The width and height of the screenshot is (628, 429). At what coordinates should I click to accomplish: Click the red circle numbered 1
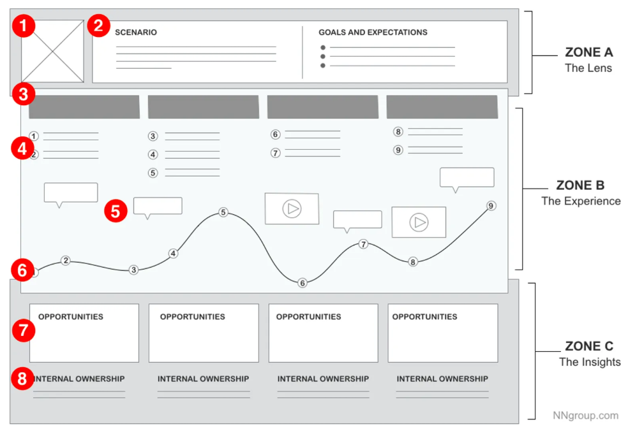click(24, 27)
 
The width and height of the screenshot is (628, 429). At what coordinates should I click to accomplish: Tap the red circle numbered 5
click(116, 211)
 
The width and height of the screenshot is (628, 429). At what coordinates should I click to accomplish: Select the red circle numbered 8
click(23, 379)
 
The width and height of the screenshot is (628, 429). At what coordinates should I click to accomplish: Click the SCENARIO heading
click(136, 33)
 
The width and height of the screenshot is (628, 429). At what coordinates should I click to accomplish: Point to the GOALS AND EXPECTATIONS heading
click(373, 33)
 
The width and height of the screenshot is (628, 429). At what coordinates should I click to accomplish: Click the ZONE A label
click(588, 53)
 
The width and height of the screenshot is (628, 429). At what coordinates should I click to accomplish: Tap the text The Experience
click(581, 201)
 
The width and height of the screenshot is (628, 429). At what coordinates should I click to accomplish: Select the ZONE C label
click(589, 347)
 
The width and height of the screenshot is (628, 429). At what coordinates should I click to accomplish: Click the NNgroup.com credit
click(585, 416)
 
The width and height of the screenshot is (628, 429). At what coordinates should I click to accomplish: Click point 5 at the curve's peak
click(223, 212)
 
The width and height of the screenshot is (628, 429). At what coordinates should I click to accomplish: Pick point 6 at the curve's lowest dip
click(303, 283)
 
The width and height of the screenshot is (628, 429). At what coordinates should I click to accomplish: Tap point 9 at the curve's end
click(491, 206)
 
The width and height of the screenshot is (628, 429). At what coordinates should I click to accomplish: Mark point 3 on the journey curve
click(133, 270)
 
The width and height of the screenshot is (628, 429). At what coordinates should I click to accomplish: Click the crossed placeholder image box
click(53, 51)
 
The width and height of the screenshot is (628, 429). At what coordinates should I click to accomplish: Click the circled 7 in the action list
click(276, 153)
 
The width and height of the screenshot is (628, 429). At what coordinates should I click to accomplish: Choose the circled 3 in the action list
click(153, 136)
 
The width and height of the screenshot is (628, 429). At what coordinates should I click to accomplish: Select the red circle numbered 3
click(24, 96)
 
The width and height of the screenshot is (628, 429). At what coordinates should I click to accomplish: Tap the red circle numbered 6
click(22, 270)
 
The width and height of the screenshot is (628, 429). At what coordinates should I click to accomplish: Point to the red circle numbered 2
click(98, 26)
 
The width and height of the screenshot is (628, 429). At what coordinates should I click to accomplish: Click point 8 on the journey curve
click(413, 262)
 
